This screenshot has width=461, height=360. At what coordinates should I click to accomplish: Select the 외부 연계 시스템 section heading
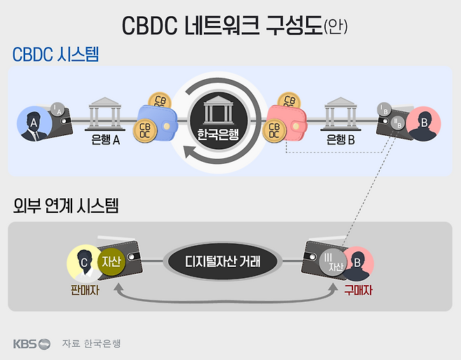coord(66,206)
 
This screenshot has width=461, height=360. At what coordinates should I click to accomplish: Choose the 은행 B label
coord(341,139)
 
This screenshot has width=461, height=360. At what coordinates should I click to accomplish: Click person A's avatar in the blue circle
coord(32,125)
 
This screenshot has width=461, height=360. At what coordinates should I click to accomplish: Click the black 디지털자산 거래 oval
coord(223,263)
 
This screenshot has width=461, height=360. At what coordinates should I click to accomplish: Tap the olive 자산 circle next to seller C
coord(112,263)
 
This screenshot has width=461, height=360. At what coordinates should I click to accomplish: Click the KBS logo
coord(32,343)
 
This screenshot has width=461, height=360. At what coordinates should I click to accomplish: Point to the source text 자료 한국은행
coord(91,343)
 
